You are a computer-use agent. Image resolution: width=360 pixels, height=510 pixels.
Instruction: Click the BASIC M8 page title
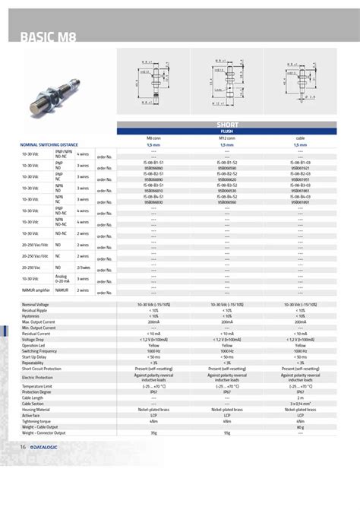[47, 37]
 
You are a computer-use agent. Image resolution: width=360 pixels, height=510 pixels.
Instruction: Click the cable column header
[300, 138]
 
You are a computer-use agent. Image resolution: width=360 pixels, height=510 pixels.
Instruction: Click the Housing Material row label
[38, 408]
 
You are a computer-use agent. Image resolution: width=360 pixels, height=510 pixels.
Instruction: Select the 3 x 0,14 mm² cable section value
[300, 403]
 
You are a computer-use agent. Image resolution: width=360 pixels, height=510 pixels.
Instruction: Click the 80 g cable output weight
[300, 427]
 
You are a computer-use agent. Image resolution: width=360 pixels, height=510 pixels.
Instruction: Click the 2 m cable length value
[300, 397]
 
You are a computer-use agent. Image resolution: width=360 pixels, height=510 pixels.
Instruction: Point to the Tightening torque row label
[36, 420]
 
